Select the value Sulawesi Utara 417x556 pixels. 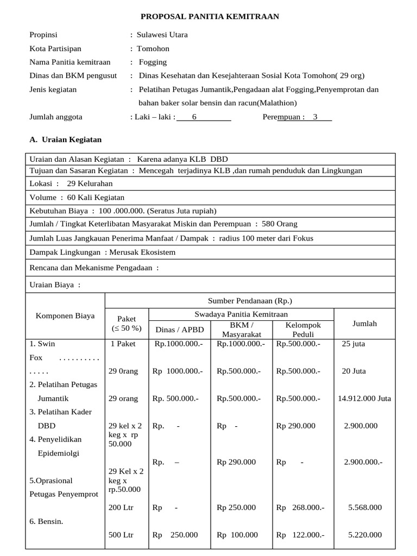(162, 35)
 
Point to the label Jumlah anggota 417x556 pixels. (56, 116)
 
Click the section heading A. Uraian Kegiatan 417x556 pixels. (65, 140)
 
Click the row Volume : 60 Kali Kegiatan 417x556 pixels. (77, 198)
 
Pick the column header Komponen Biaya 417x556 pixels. (65, 315)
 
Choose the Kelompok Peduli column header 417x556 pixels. (303, 330)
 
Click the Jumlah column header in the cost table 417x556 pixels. (364, 323)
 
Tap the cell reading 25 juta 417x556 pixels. (353, 344)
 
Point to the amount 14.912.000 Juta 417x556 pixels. (364, 398)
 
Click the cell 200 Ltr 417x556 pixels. (121, 507)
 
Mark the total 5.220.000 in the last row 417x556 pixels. (364, 535)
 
